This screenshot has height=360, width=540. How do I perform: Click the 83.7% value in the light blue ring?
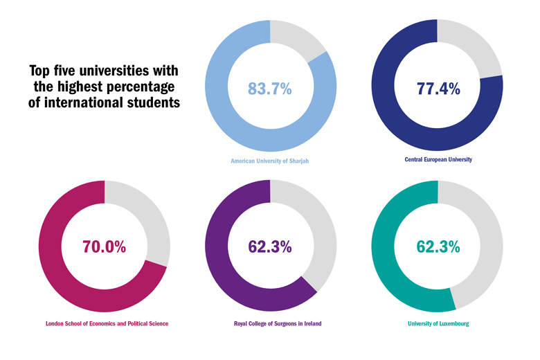(x=270, y=88)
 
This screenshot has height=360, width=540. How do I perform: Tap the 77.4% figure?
(x=438, y=88)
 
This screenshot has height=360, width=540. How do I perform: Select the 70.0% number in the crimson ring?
(x=104, y=247)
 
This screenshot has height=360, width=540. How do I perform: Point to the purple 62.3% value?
(x=270, y=247)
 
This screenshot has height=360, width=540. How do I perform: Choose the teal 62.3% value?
(x=438, y=247)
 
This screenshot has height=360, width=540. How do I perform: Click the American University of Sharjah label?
(x=270, y=161)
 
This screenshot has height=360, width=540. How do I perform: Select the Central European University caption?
(x=438, y=159)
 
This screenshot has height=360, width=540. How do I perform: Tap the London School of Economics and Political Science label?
(x=107, y=323)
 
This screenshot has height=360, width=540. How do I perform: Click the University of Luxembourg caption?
(x=438, y=323)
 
